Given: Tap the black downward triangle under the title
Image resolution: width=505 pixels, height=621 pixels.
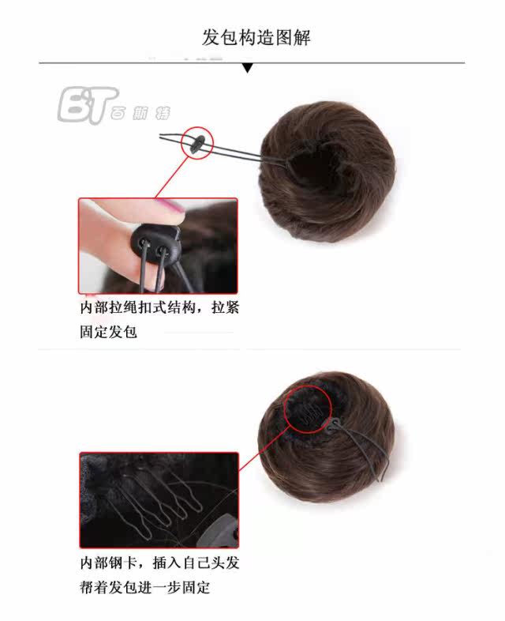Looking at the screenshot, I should click(247, 69).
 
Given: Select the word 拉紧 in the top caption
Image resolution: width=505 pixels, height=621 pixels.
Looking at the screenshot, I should click(224, 308).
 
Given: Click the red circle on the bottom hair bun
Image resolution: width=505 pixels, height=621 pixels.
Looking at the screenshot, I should click(305, 408).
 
